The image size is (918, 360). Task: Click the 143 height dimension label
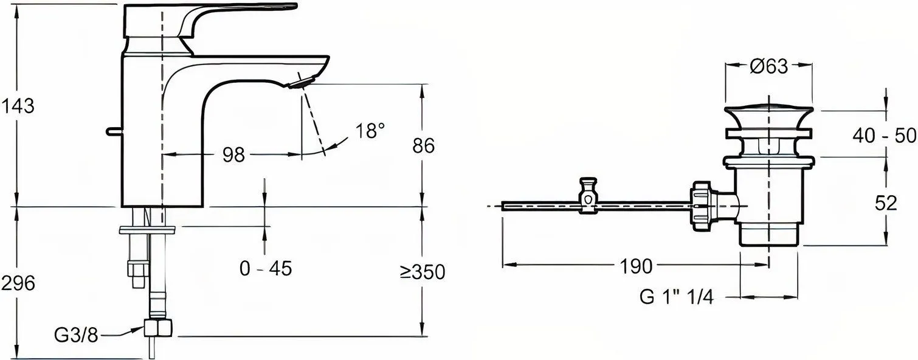(x=18, y=106)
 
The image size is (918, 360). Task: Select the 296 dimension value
(x=18, y=283)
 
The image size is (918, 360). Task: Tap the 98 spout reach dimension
(x=233, y=155)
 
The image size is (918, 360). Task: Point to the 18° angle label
(x=370, y=131)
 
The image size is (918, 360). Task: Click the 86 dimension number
(x=423, y=145)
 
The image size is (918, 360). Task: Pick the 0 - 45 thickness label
(x=266, y=269)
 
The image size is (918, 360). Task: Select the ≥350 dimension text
(x=423, y=272)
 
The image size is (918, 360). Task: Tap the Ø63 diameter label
(x=769, y=66)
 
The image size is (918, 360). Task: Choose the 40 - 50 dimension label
(x=884, y=136)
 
